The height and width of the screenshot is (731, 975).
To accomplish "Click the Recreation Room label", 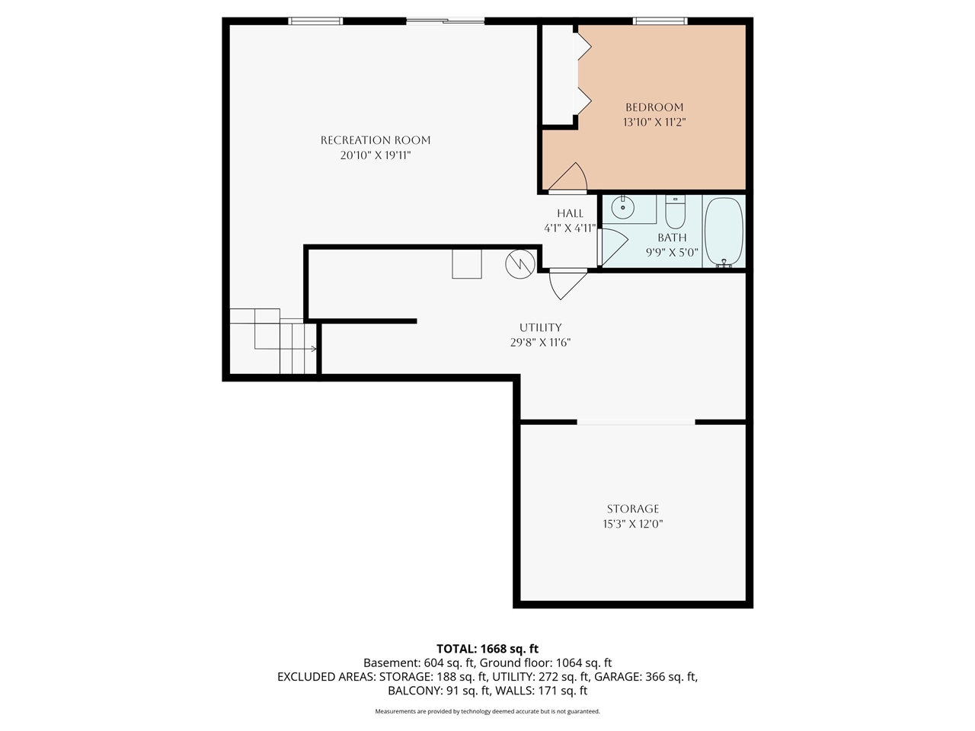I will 376,140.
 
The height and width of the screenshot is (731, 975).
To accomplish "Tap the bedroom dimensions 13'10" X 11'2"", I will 654,122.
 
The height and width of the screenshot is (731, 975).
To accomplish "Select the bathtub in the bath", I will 723,231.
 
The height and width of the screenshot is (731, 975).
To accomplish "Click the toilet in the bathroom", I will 675,212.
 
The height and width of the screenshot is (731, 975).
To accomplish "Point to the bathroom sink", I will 623,206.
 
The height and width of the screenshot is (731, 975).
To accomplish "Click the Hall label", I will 570,213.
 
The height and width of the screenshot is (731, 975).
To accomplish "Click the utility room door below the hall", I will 567,283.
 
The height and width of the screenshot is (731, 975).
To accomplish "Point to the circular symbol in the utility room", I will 519,263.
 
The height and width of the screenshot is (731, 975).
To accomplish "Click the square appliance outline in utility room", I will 467,263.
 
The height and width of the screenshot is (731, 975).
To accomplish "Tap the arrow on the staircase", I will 312,349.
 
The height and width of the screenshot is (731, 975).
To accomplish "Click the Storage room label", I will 633,509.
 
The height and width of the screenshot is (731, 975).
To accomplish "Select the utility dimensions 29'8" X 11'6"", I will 540,343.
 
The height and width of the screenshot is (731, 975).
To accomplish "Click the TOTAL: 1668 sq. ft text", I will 487,649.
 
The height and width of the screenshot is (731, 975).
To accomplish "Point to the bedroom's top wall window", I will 660,21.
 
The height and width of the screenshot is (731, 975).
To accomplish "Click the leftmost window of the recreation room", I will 315,21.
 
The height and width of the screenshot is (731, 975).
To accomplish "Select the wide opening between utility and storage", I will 636,421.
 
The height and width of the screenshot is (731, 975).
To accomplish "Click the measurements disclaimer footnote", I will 487,711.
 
